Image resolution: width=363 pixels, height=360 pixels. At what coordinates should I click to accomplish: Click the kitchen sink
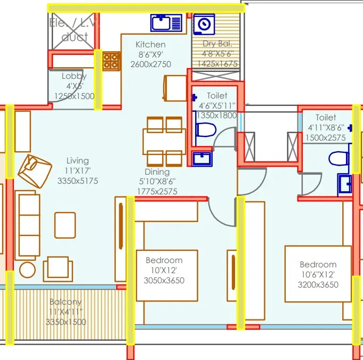[166, 23]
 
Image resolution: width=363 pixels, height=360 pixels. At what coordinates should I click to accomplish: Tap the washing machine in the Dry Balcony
[204, 24]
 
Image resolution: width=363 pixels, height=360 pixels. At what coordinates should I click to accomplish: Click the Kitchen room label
[150, 45]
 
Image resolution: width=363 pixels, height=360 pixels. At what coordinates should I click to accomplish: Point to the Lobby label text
[74, 76]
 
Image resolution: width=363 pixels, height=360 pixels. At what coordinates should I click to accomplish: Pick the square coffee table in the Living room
[65, 224]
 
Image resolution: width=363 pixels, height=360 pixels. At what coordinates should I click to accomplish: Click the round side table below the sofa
[27, 269]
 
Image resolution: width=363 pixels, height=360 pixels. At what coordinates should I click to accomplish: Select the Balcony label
[67, 302]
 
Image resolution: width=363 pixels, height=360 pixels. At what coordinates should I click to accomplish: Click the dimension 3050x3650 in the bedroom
[164, 280]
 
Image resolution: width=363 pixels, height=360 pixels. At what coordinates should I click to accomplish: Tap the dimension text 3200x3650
[318, 284]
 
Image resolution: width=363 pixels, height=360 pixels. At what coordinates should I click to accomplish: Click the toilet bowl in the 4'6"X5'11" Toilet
[205, 130]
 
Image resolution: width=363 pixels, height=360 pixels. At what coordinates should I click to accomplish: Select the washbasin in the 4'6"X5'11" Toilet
[201, 158]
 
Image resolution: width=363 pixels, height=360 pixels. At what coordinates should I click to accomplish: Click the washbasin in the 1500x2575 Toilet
[344, 184]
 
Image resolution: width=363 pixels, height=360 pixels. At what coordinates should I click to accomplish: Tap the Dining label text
[157, 172]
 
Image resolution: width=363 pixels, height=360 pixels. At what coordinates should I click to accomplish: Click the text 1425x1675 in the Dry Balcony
[217, 63]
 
